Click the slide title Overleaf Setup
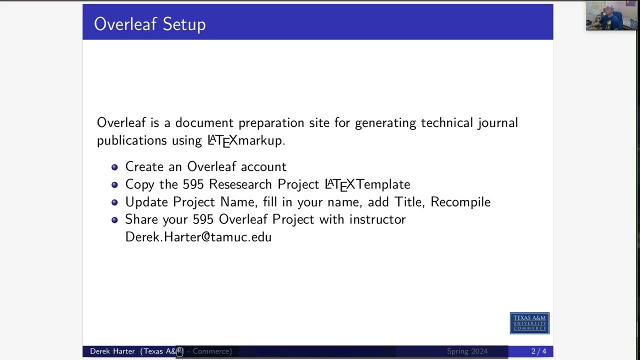pyautogui.click(x=149, y=24)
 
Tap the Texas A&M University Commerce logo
pyautogui.click(x=529, y=323)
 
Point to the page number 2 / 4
pyautogui.click(x=538, y=351)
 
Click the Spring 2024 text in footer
pyautogui.click(x=467, y=351)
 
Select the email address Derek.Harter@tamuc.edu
pyautogui.click(x=198, y=237)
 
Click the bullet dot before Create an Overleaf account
pyautogui.click(x=114, y=167)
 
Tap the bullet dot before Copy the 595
pyautogui.click(x=114, y=184)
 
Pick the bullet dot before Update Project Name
pyautogui.click(x=114, y=202)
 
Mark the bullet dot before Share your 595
pyautogui.click(x=114, y=219)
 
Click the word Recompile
pyautogui.click(x=460, y=202)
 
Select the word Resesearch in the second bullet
pyautogui.click(x=240, y=184)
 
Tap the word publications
pyautogui.click(x=131, y=140)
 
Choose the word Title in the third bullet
pyautogui.click(x=408, y=202)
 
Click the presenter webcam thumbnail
pyautogui.click(x=611, y=15)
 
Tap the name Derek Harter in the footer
pyautogui.click(x=112, y=351)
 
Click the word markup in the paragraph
pyautogui.click(x=260, y=140)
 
